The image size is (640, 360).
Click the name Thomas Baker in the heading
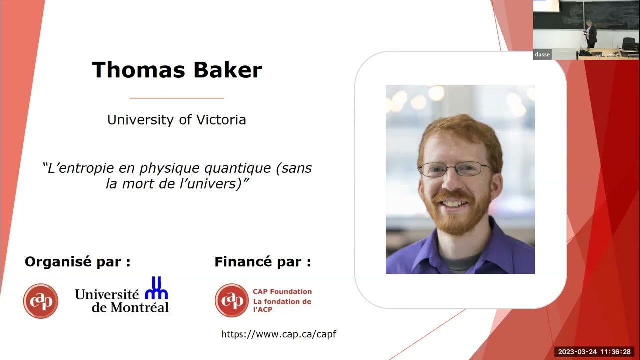coord(176,70)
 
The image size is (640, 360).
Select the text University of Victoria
coord(176,120)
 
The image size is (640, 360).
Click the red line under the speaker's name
coord(176,98)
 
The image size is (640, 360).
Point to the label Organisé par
coord(77,262)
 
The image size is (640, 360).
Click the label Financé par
coord(262,262)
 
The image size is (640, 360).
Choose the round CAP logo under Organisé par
coord(41,301)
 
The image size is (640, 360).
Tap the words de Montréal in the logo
coord(130,307)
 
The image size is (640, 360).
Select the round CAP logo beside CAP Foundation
coord(232,300)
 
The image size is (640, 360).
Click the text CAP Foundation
coord(282,291)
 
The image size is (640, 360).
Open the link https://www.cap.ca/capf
coord(279,334)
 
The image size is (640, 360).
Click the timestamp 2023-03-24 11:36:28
coord(595,352)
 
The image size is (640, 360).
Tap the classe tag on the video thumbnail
coord(542,55)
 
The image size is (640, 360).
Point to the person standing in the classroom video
coord(591,34)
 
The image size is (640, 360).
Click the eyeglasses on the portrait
coord(455,169)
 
